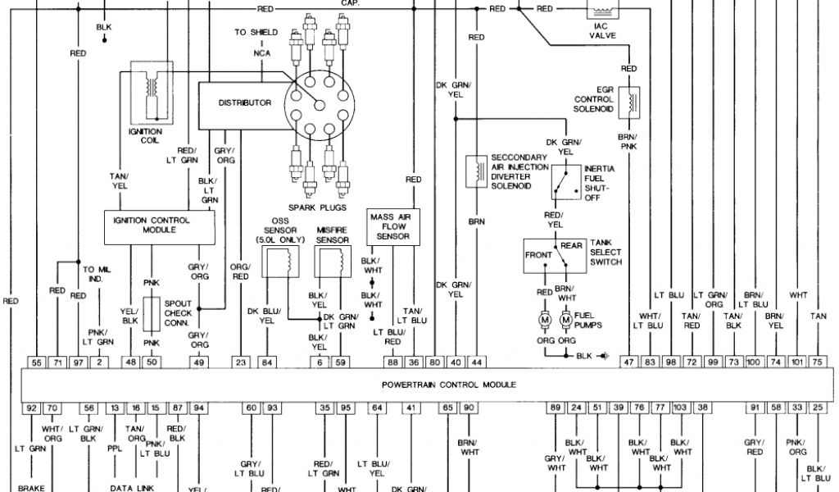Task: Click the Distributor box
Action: (x=244, y=103)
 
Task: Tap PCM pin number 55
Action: (x=36, y=362)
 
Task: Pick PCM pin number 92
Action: (x=31, y=407)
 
